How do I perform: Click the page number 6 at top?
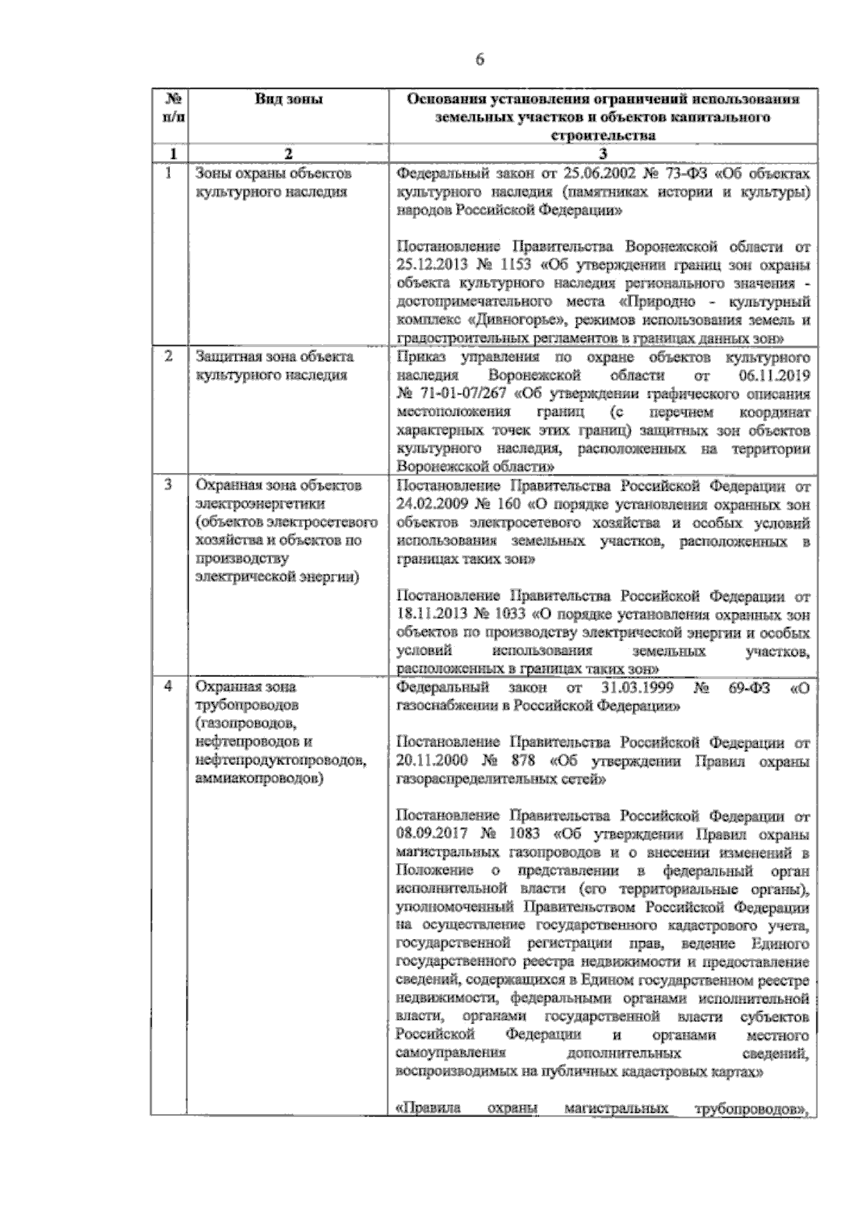[x=480, y=60]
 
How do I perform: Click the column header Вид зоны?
[x=289, y=99]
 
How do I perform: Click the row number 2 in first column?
[x=169, y=356]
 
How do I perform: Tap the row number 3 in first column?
[x=169, y=485]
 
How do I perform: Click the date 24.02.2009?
[x=426, y=505]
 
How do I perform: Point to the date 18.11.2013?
[x=426, y=614]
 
